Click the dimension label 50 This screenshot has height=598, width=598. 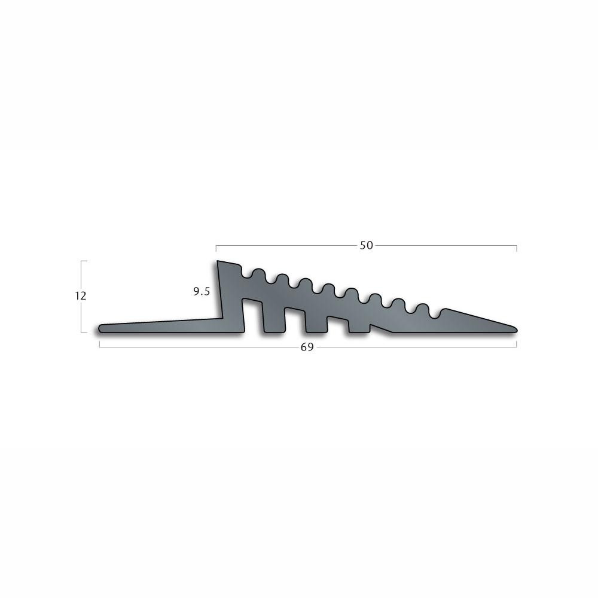tap(366, 246)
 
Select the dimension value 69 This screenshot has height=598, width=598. tap(307, 347)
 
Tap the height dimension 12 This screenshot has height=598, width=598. tap(81, 295)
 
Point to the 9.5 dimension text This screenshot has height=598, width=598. tap(202, 292)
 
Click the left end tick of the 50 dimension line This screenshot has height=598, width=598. tap(216, 249)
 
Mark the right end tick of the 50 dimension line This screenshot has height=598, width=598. tap(517, 249)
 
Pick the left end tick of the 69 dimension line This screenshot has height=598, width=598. tap(99, 344)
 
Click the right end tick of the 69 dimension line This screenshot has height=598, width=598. tap(517, 344)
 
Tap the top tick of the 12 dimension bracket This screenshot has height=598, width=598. tap(84, 261)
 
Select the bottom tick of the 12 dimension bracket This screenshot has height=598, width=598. tap(84, 332)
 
